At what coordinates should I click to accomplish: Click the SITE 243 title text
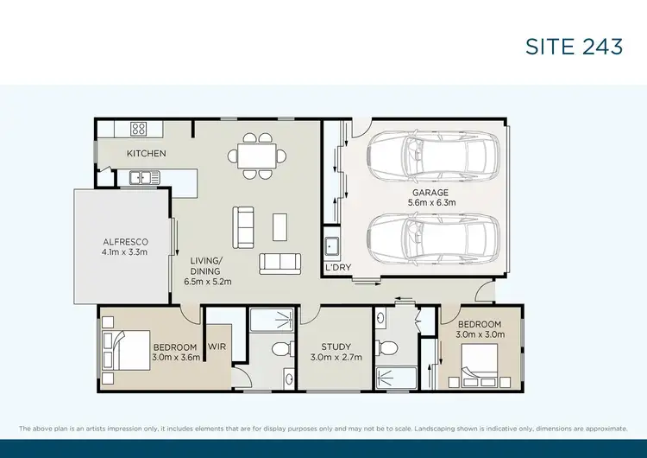[x=574, y=47]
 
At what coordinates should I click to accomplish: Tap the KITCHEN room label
[x=146, y=154]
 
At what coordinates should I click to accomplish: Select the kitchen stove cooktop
[x=138, y=129]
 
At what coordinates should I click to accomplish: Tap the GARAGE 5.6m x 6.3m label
[x=431, y=197]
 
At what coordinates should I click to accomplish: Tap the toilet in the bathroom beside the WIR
[x=279, y=349]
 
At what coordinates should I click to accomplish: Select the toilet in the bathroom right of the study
[x=387, y=348]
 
